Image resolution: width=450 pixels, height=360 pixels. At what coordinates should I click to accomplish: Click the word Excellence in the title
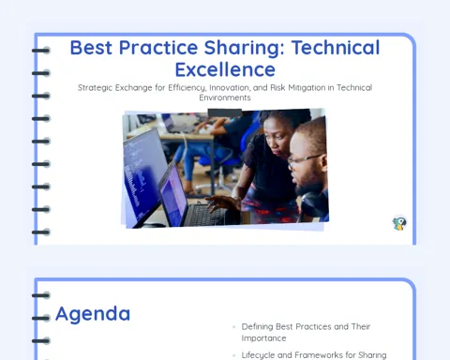[x=225, y=69]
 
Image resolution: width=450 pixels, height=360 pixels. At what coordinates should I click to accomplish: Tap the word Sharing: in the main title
[x=245, y=48]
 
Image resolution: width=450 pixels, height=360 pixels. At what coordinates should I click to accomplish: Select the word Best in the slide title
[x=91, y=48]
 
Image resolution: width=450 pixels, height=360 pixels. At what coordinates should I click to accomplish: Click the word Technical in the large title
[x=336, y=48]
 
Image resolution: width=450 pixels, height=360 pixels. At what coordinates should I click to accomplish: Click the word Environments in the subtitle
[x=225, y=97]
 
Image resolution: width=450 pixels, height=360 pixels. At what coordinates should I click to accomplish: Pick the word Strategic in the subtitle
[x=95, y=88]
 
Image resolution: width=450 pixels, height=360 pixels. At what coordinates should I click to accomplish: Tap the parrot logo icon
[x=399, y=223]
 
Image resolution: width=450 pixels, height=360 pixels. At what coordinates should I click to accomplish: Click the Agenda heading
[x=93, y=314]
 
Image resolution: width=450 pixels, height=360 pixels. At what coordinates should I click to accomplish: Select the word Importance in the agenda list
[x=263, y=338]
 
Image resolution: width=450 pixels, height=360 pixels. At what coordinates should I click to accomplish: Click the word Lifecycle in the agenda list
[x=258, y=355]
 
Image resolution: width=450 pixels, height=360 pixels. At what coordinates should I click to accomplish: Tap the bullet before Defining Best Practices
[x=234, y=327]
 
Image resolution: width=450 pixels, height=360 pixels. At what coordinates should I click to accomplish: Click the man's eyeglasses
[x=305, y=160]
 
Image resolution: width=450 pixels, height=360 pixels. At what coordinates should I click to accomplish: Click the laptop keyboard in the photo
[x=203, y=215]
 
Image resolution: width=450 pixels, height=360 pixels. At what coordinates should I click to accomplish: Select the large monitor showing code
[x=144, y=175]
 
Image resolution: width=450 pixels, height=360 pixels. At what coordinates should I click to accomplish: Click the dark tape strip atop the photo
[x=225, y=112]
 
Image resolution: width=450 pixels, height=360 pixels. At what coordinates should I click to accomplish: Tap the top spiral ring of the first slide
[x=40, y=51]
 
